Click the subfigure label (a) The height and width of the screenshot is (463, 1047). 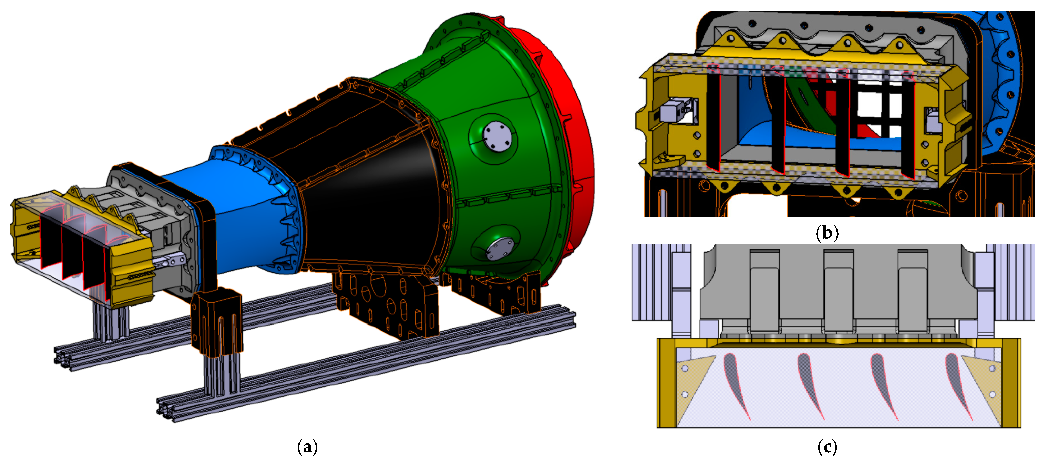(307, 447)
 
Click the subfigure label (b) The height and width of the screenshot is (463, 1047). (827, 233)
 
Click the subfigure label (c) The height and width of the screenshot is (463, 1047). (827, 447)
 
